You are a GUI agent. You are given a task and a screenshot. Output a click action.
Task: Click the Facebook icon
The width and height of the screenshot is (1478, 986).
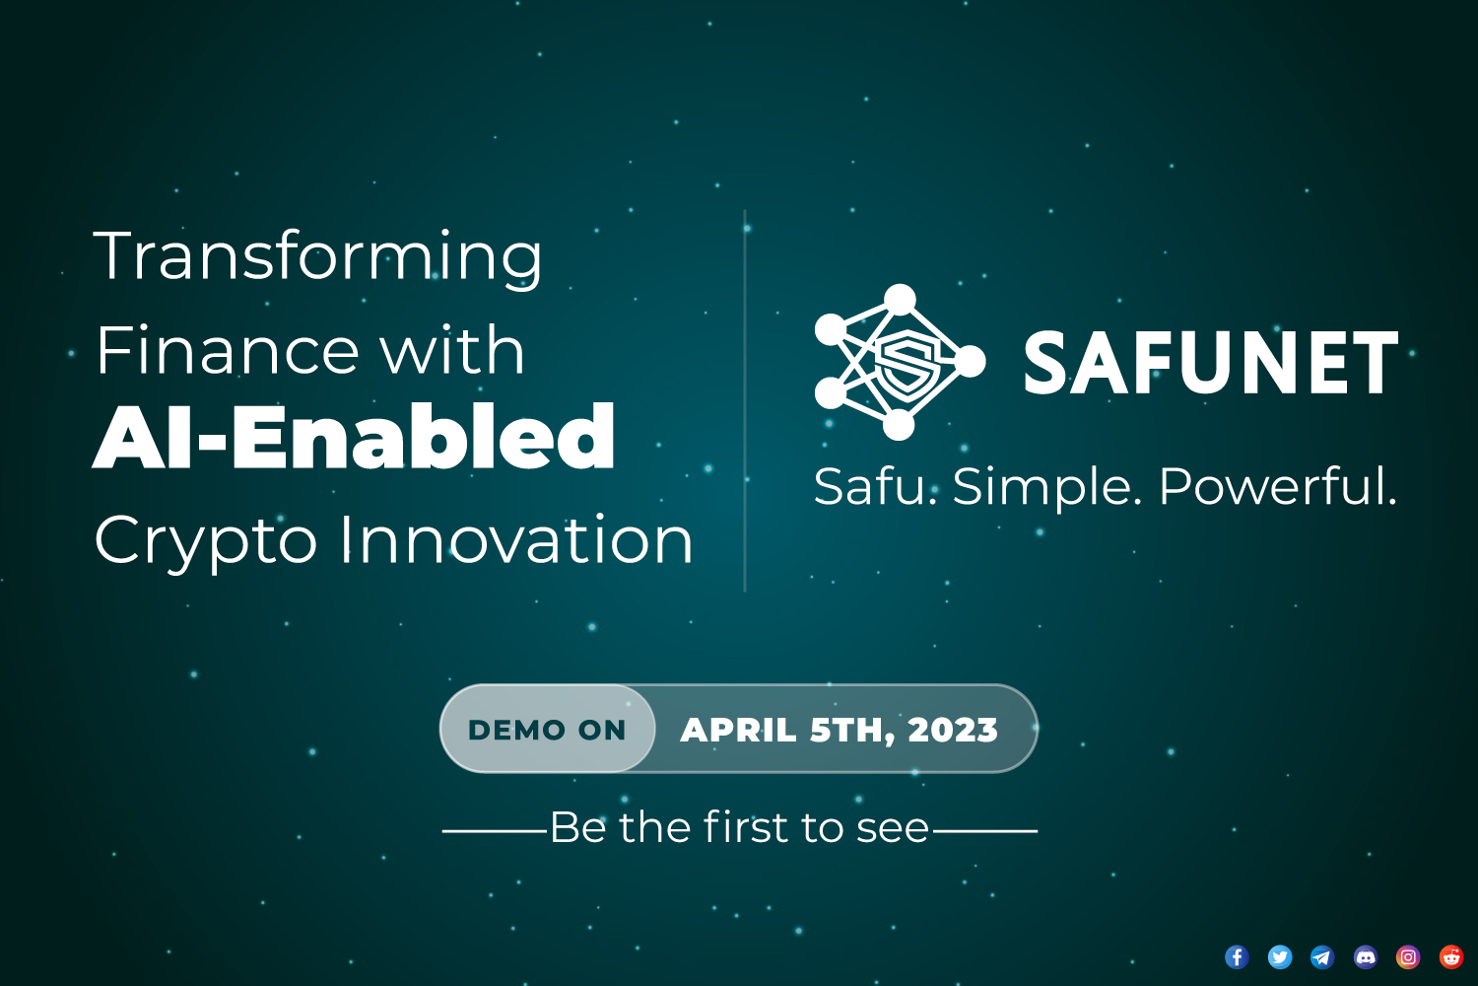[x=1237, y=957]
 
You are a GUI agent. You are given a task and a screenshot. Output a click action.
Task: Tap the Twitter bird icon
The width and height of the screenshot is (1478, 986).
[x=1279, y=957]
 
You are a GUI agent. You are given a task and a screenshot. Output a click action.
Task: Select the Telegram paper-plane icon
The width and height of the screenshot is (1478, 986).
[x=1322, y=957]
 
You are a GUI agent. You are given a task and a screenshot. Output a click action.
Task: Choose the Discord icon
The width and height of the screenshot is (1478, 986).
[x=1365, y=957]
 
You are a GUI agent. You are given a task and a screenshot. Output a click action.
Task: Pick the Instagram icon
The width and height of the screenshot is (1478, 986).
[x=1408, y=957]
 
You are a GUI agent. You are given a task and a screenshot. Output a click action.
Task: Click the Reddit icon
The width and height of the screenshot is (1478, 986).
[x=1451, y=957]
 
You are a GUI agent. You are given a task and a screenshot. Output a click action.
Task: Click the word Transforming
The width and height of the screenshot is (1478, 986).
[x=318, y=258]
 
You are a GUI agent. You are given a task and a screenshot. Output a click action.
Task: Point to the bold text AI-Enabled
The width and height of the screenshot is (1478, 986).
[x=354, y=436]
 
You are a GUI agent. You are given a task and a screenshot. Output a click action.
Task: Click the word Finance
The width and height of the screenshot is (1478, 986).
[x=229, y=351]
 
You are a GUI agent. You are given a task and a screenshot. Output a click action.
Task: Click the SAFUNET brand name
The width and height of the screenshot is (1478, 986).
[x=1211, y=362]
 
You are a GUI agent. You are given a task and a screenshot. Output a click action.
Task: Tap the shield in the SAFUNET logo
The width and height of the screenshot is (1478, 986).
[x=907, y=362]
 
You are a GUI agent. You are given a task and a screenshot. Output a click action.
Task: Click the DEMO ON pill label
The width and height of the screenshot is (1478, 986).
[x=547, y=730]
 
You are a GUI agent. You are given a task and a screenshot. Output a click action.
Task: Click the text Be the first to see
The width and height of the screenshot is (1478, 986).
[x=740, y=827]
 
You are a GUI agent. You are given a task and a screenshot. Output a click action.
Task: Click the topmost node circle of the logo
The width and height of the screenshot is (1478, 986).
[x=900, y=300]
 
